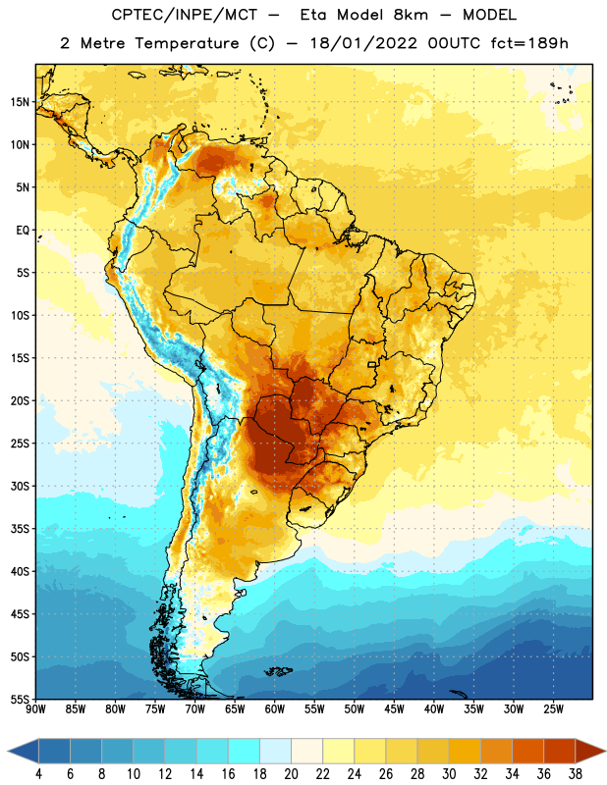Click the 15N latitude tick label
click(20, 102)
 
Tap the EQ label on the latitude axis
click(23, 231)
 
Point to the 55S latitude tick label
click(20, 699)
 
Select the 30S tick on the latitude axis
click(20, 486)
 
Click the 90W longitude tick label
click(36, 708)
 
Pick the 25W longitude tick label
click(553, 708)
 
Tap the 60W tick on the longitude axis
click(275, 708)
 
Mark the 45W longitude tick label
click(394, 708)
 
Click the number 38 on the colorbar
click(576, 774)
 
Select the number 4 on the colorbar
click(38, 774)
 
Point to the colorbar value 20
click(291, 774)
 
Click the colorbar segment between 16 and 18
click(244, 751)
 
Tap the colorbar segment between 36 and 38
click(560, 751)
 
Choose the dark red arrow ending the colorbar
click(589, 751)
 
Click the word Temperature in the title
click(187, 43)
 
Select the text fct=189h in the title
click(529, 43)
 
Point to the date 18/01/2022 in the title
click(362, 43)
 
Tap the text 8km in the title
click(411, 15)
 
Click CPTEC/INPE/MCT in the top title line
click(184, 15)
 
